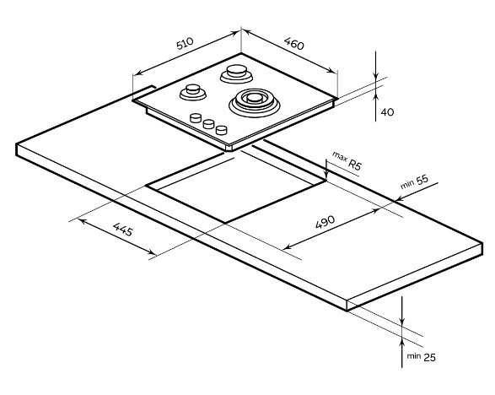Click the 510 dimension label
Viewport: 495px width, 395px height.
185,44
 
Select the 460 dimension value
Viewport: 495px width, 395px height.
294,44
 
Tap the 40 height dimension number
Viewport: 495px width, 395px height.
387,112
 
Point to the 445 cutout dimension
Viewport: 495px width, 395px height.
123,230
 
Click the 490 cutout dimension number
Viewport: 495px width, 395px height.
325,222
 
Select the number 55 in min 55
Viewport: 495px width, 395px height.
422,180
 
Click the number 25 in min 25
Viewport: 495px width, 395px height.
429,357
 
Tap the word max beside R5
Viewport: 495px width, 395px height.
339,156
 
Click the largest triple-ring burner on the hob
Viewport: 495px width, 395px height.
255,102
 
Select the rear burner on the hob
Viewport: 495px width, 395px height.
236,73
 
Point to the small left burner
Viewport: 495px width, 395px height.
193,92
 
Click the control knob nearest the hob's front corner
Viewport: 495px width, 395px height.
222,130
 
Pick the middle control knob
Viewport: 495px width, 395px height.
208,124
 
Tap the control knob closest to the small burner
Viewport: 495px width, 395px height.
196,118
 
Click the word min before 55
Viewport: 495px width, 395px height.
407,184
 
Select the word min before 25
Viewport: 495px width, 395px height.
413,356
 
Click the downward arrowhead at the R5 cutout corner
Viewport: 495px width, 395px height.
326,176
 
